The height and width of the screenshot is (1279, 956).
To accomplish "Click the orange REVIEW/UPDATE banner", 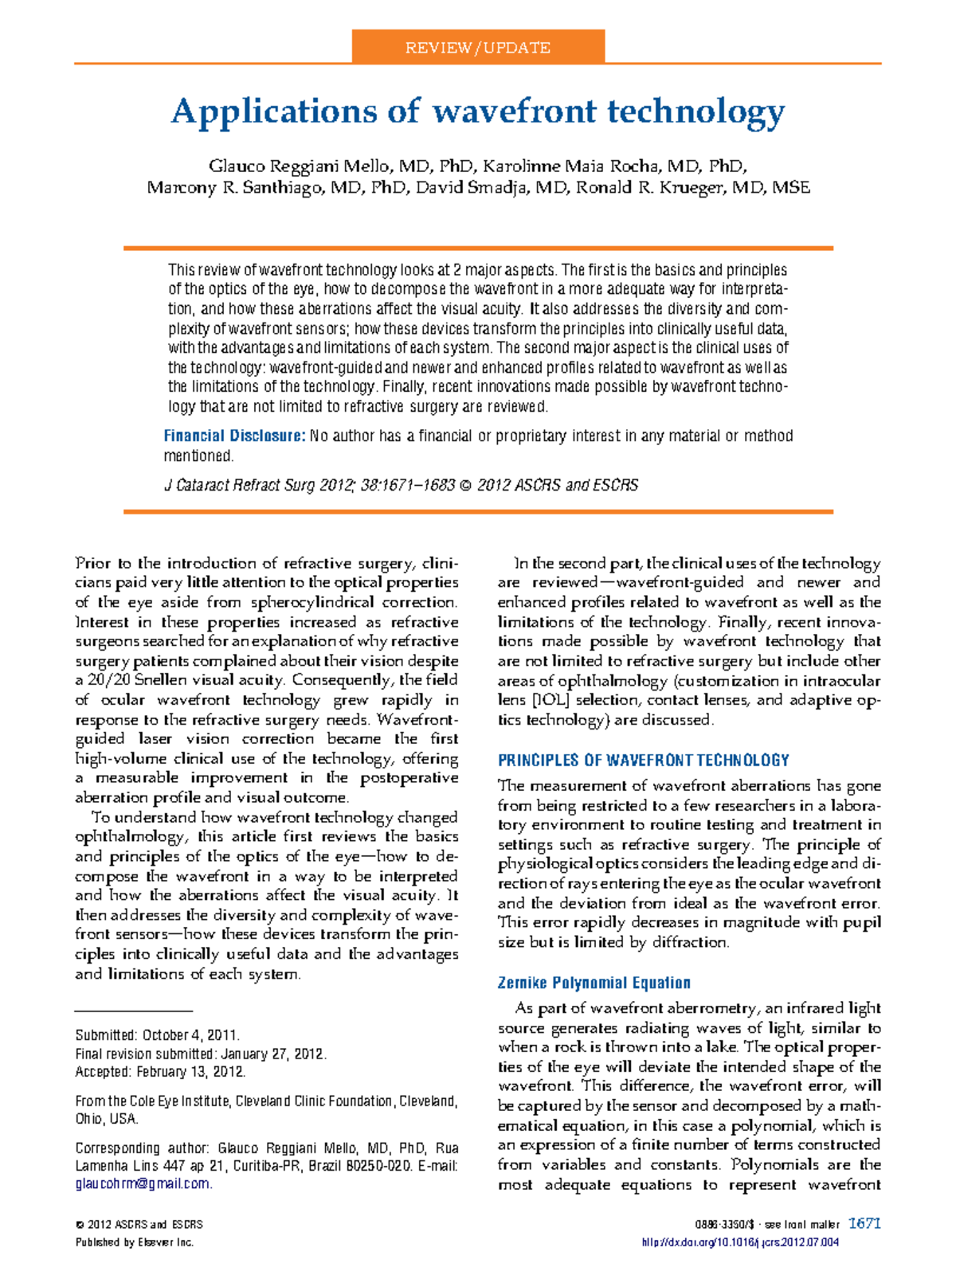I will pos(478,47).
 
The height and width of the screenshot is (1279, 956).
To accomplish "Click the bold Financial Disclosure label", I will pos(234,436).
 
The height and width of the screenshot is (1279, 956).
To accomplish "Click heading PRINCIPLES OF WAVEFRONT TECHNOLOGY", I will pos(643,760).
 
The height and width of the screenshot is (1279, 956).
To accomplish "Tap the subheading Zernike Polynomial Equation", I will pos(594,983).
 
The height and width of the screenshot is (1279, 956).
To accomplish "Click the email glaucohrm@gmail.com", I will pos(143,1184).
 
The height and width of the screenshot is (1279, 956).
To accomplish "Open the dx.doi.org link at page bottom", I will pos(739,1242).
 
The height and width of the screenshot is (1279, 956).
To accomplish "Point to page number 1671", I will pos(864,1223).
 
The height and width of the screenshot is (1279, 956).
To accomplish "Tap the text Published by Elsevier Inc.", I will pos(134,1242).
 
